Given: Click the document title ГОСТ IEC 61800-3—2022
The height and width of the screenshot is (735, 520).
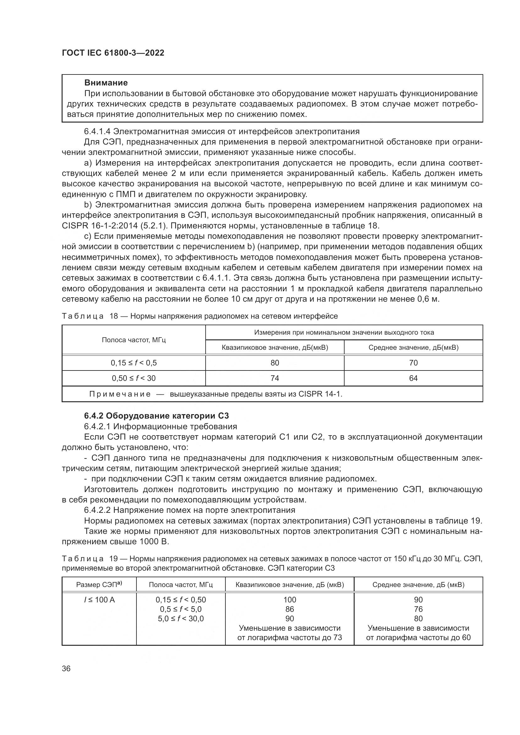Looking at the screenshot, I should point(113,53).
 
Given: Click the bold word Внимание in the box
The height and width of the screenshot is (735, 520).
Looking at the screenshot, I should point(106,83).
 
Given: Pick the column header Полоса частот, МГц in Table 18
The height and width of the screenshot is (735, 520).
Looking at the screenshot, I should point(134,340).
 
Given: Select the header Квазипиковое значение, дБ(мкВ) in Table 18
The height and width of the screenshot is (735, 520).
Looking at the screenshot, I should point(275,348).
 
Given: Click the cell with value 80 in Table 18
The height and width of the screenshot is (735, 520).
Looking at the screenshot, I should point(275,363).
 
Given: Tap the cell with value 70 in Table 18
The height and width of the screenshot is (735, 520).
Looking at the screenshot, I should point(413,363).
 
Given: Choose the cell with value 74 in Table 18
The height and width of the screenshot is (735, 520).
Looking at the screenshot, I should point(275,378).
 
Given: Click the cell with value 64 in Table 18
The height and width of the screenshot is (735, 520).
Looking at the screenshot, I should point(413,378).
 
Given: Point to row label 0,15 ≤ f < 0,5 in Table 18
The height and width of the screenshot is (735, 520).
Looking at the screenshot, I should point(134,363).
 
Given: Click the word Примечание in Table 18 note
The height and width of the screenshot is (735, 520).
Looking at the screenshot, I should point(120,394).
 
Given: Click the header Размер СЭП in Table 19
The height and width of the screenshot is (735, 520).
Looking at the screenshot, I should point(99,585).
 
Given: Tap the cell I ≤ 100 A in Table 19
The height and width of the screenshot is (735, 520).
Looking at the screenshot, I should point(99,600).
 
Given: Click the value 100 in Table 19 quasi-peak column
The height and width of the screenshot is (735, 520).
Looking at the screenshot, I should point(290,600).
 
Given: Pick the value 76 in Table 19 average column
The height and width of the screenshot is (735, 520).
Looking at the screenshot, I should point(418,610).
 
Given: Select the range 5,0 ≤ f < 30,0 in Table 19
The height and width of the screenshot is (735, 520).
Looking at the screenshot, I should point(181,619).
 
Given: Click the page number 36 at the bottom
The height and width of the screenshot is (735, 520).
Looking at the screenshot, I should point(66,669).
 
